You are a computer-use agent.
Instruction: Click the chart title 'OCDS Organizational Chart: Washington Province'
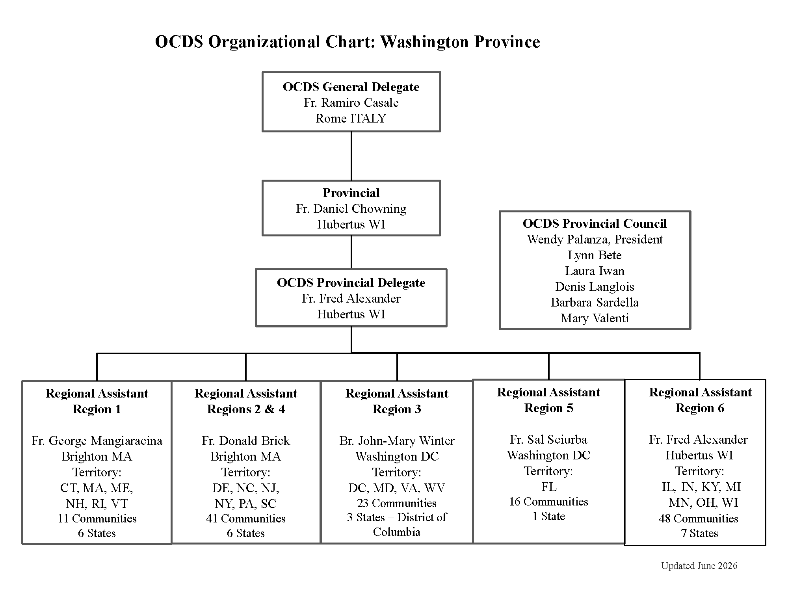pos(348,42)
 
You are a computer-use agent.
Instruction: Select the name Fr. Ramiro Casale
pos(351,102)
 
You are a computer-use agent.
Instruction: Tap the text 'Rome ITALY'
pos(351,118)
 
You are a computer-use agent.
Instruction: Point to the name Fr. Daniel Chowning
pos(351,208)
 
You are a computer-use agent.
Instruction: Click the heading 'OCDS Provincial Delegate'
pos(351,282)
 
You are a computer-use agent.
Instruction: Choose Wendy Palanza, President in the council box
pos(595,239)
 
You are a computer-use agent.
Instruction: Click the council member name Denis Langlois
pos(595,286)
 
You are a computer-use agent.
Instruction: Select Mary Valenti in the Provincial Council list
pos(595,318)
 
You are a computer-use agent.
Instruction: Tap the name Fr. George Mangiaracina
pos(97,440)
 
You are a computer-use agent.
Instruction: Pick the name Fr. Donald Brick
pos(246,440)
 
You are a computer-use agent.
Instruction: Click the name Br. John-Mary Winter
pos(397,440)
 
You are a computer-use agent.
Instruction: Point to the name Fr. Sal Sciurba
pos(548,439)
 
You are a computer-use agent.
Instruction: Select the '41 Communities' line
pos(246,519)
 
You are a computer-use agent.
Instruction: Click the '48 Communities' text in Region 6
pos(699,519)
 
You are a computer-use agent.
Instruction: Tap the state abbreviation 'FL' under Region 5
pos(549,487)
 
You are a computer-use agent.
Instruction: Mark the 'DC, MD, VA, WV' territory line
pos(397,488)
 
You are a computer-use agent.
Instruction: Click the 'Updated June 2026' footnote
pos(699,566)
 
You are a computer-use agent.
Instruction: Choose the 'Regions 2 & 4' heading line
pos(246,409)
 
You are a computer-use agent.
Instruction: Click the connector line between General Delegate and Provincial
pos(351,156)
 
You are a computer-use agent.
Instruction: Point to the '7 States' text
pos(700,533)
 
